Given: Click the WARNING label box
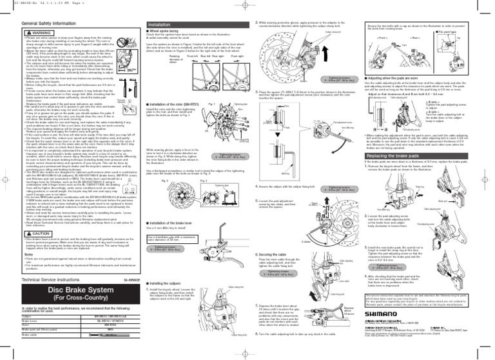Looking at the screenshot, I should (24, 32).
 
